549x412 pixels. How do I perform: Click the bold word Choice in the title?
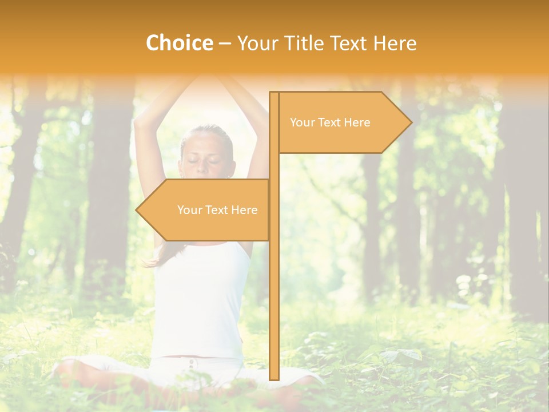pos(179,43)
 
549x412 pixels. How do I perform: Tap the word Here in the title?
pos(395,43)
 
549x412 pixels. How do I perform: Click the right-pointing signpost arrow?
pos(343,122)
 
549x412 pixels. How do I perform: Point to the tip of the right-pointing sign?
pos(411,122)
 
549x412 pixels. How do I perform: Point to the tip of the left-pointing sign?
pos(137,210)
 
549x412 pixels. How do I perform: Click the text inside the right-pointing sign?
pos(330,122)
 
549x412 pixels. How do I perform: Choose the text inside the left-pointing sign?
pos(217,210)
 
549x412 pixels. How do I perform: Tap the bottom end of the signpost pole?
pos(274,378)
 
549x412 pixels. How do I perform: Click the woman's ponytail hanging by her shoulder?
pos(157,257)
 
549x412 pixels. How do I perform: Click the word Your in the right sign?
pos(302,122)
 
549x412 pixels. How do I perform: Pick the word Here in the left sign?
pos(244,210)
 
